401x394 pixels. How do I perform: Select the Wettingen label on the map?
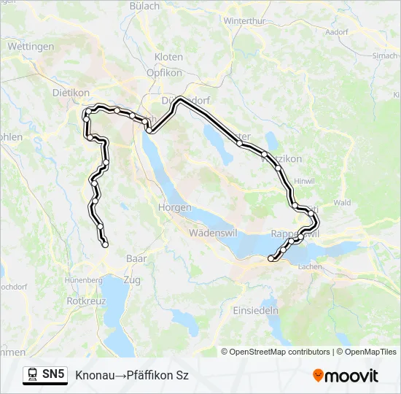coord(31,46)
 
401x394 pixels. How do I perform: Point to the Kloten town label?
coord(168,56)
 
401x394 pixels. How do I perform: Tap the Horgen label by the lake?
coord(174,208)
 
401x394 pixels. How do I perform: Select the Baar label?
coord(136,258)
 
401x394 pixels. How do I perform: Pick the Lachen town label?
coord(311,267)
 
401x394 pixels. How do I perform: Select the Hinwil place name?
coord(303,181)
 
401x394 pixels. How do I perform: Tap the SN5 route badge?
coord(45,375)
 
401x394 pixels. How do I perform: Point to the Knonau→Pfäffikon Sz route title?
coord(131,375)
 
